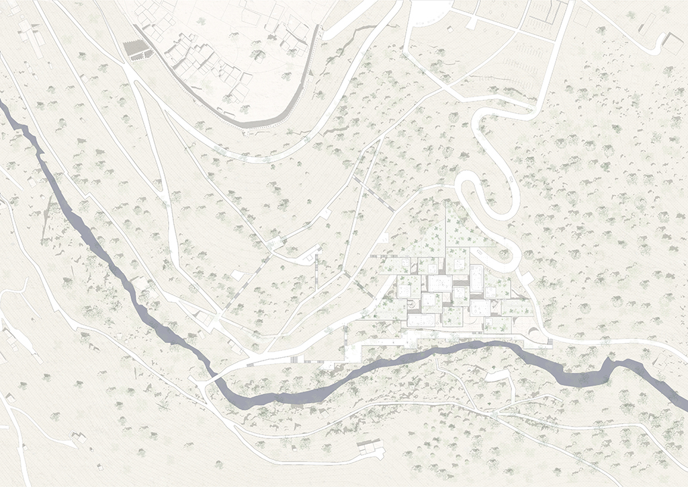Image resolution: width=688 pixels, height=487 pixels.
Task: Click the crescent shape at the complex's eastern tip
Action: click(533, 332)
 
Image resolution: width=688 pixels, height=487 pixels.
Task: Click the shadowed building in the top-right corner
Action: click(673, 43)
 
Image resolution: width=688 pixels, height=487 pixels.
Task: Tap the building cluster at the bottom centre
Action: click(366, 448)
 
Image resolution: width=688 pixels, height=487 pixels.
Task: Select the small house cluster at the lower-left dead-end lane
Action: click(77, 438)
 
